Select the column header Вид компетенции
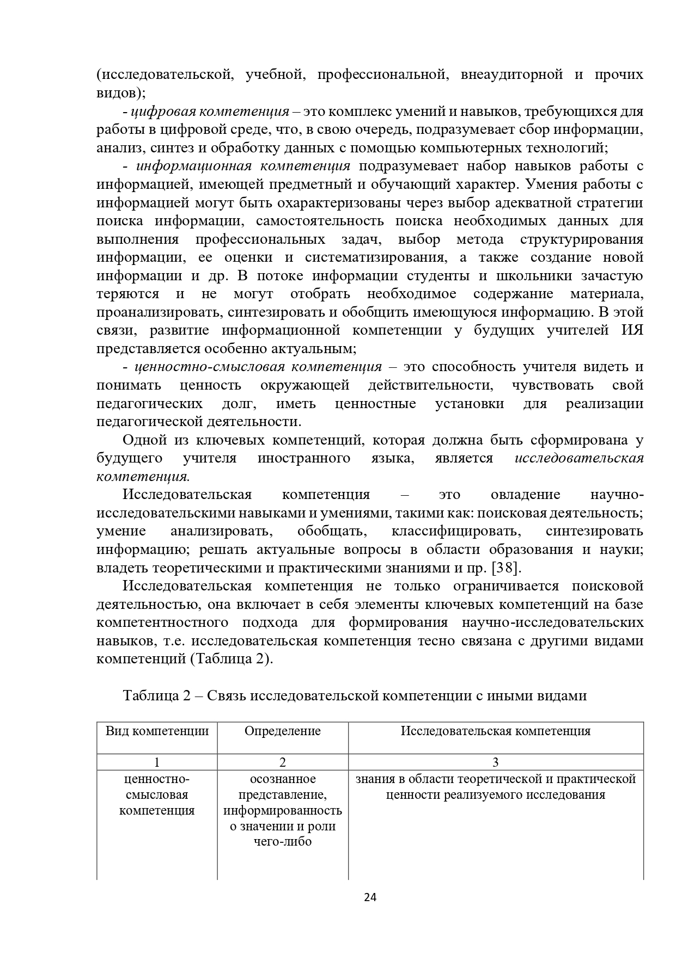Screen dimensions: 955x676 pyautogui.click(x=157, y=731)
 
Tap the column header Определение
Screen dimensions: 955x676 pyautogui.click(x=282, y=731)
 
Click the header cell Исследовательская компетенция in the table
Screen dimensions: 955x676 pyautogui.click(x=496, y=731)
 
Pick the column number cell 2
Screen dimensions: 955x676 pyautogui.click(x=282, y=762)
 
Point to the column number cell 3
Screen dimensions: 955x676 pyautogui.click(x=496, y=762)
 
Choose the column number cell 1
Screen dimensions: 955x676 pyautogui.click(x=157, y=762)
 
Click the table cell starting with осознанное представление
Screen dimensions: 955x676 pyautogui.click(x=282, y=810)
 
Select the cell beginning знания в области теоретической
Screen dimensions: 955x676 pyautogui.click(x=496, y=787)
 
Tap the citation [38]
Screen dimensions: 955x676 pyautogui.click(x=506, y=568)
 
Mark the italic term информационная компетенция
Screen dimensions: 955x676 pyautogui.click(x=242, y=166)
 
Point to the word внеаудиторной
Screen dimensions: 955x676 pyautogui.click(x=511, y=75)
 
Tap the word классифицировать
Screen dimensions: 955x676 pyautogui.click(x=456, y=531)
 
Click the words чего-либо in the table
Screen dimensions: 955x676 pyautogui.click(x=282, y=842)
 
